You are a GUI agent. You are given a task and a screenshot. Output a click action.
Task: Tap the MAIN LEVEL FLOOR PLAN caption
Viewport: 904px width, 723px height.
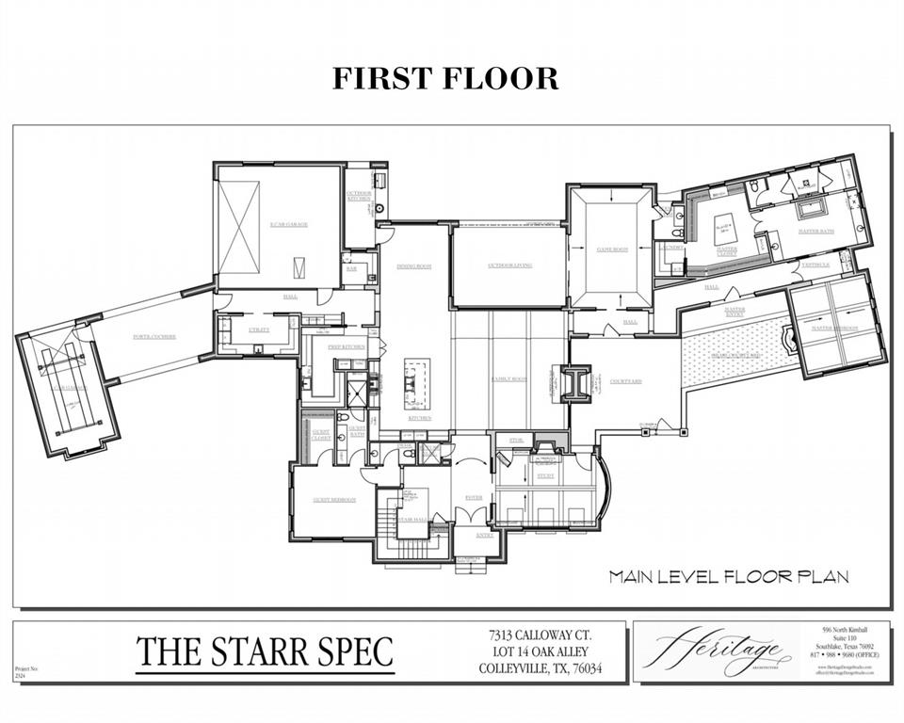coord(728,576)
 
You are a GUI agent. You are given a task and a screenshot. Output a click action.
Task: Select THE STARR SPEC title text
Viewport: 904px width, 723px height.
coord(265,651)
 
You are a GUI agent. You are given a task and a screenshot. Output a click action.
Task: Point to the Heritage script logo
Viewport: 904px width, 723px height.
coord(712,651)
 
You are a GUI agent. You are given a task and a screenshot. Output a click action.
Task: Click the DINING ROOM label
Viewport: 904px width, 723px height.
coord(413,266)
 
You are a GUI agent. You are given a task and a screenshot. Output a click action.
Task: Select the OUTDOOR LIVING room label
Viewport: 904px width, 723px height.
coord(509,265)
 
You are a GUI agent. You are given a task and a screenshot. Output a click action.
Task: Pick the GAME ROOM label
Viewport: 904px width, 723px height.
coord(611,249)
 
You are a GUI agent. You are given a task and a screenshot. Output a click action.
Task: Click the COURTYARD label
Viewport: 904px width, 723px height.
coord(624,381)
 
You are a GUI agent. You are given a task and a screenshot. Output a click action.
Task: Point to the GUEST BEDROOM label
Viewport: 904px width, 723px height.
coord(334,500)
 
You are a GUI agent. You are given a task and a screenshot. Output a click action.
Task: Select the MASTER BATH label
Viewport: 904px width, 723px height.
coord(816,231)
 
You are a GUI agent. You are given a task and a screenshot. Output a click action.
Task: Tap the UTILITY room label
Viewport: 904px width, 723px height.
coord(258,329)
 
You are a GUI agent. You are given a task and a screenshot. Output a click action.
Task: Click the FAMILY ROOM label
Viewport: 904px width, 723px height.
coord(508,379)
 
